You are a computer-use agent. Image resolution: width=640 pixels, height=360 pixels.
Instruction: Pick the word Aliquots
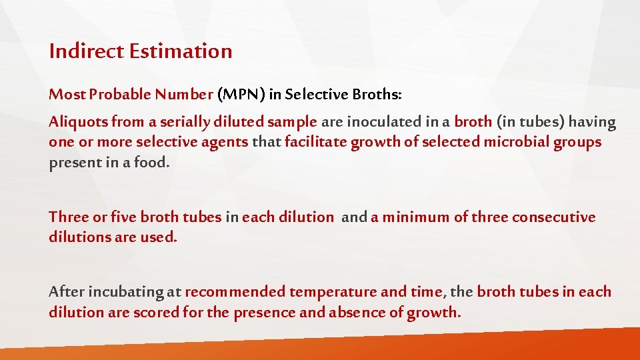[78, 123]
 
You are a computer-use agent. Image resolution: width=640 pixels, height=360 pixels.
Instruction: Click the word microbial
[519, 143]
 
